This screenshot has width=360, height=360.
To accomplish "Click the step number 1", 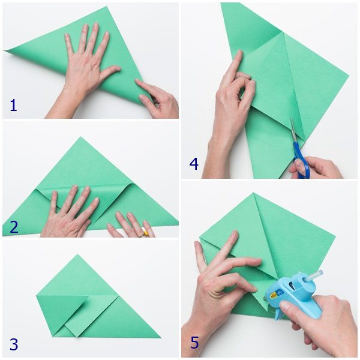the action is point(13,106).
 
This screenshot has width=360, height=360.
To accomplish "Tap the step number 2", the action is point(14,227).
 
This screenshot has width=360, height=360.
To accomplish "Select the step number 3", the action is point(14,344).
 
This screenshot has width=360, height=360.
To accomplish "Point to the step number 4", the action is point(194,164).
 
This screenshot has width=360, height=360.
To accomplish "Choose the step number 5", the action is point(194,343).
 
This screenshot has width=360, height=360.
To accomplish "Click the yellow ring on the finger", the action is point(146,234).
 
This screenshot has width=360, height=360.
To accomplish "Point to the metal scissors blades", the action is point(294,130).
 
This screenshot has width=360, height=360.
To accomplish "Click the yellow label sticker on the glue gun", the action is point(274,295).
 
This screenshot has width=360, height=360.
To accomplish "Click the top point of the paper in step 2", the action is point(80,137).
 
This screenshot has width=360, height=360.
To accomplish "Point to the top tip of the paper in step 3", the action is point(77,254).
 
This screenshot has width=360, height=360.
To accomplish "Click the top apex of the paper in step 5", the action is point(253,193).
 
